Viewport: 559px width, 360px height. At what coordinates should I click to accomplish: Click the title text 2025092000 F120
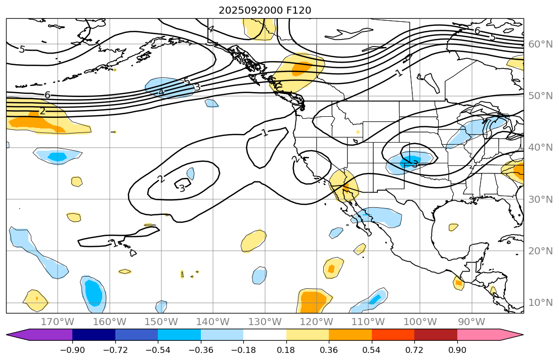click(x=265, y=10)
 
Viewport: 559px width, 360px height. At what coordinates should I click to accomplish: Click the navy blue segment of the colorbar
click(x=94, y=335)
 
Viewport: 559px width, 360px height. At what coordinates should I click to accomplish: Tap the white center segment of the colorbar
click(x=265, y=335)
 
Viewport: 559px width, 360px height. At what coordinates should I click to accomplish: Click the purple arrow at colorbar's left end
click(x=20, y=335)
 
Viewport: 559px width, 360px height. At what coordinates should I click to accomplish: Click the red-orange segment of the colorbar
click(x=393, y=335)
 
